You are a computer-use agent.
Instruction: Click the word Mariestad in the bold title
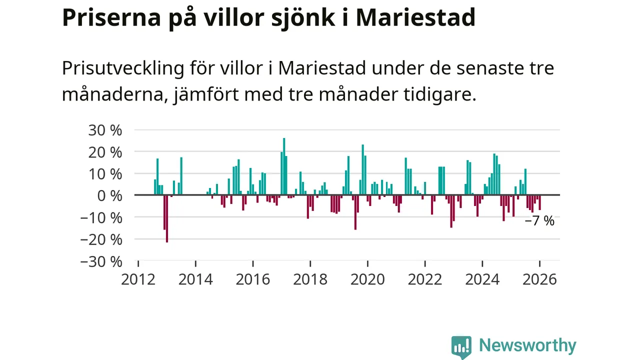[x=415, y=17]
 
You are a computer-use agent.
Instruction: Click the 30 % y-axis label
[x=105, y=130]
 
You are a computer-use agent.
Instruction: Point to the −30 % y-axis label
[x=101, y=261]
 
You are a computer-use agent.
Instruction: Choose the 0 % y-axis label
[x=109, y=195]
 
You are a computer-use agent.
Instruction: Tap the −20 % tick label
[x=101, y=239]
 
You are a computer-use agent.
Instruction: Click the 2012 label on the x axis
[x=138, y=279]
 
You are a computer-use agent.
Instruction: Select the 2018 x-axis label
[x=310, y=279]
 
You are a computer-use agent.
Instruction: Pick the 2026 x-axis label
[x=539, y=279]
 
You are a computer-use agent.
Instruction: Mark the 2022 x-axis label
[x=424, y=279]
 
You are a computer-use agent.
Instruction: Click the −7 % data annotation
[x=539, y=221]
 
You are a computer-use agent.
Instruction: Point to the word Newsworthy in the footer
[x=527, y=345]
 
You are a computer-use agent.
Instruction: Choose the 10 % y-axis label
[x=105, y=174]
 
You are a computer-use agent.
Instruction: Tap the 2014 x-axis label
[x=195, y=279]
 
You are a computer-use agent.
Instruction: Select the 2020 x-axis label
[x=367, y=279]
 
